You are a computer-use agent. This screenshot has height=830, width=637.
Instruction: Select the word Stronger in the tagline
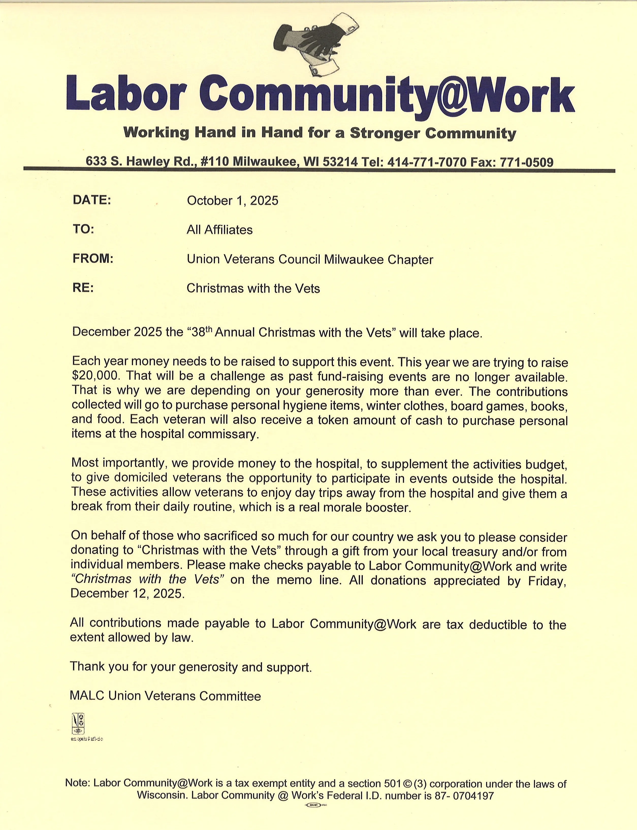(384, 133)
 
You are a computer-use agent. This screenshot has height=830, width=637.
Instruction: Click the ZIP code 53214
(340, 162)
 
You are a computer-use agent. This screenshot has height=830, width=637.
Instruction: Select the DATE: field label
(91, 200)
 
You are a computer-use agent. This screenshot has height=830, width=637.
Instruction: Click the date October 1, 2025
(232, 201)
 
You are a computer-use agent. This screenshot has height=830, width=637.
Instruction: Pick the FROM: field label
(93, 259)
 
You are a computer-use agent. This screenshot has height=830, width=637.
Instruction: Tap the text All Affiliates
(219, 230)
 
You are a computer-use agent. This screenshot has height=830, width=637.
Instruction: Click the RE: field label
(83, 288)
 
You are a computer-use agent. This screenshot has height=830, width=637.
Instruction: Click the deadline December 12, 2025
(128, 594)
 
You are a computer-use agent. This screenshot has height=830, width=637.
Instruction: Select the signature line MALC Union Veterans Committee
(165, 696)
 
